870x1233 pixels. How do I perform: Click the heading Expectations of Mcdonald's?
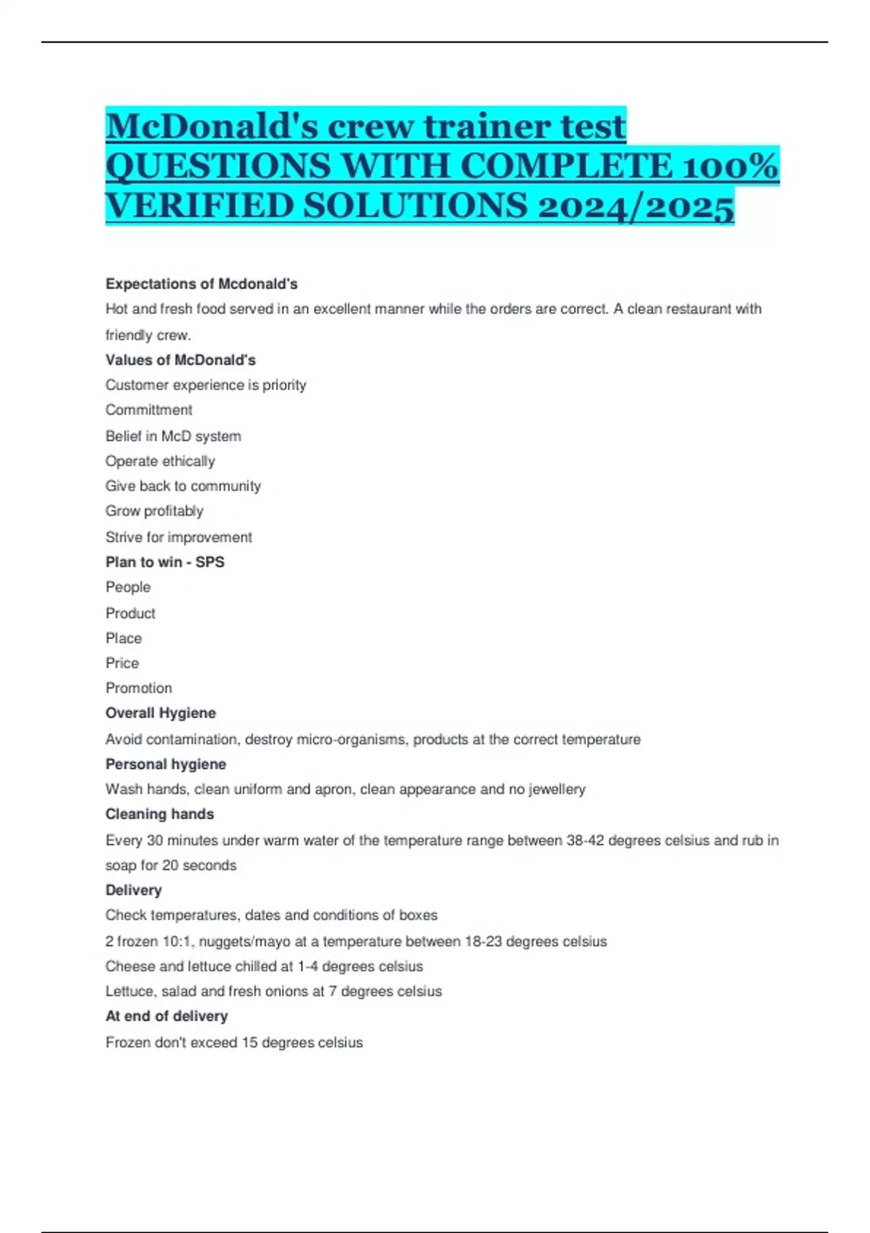point(202,284)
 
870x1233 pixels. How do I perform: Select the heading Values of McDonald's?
point(181,360)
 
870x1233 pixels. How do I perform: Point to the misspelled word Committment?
point(149,410)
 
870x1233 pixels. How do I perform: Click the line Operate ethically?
point(160,461)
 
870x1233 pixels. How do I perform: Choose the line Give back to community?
point(183,486)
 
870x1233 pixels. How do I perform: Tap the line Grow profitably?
point(154,511)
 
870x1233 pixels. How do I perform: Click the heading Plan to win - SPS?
point(165,562)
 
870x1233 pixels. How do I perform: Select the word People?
point(128,587)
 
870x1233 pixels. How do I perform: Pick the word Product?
point(130,614)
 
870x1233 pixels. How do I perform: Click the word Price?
point(122,663)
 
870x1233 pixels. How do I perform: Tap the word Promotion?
point(138,688)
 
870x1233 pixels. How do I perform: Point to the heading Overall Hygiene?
point(160,713)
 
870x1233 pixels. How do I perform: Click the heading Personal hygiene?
point(165,764)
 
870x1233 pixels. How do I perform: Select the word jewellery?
point(557,789)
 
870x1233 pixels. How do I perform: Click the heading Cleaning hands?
point(159,815)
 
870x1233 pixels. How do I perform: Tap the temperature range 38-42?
point(585,841)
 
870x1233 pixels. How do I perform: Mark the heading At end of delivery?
point(167,1016)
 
